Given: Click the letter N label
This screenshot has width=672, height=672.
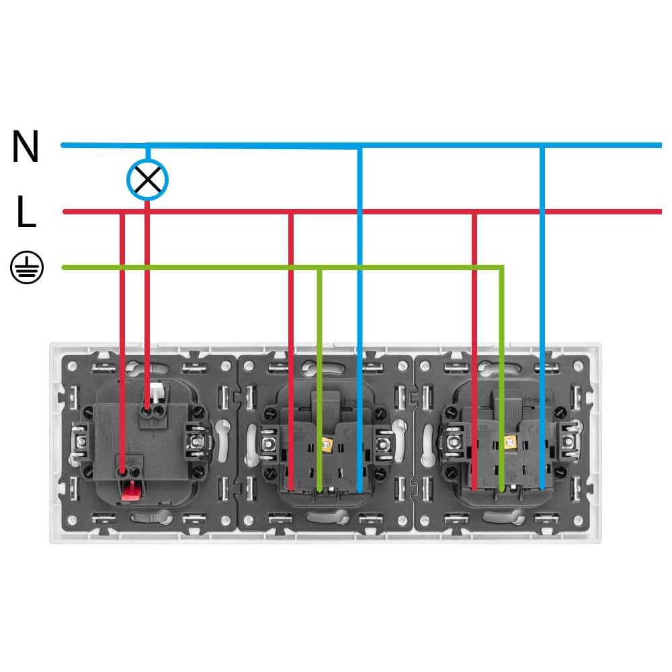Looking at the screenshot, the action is [x=26, y=146].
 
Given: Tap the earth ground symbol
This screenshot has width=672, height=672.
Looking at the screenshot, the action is [x=27, y=267].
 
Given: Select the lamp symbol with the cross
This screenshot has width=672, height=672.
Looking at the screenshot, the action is [x=147, y=179].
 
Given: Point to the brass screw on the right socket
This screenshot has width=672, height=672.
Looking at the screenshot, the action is [x=509, y=442].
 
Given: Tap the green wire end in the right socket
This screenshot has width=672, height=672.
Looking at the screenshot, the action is [x=502, y=489].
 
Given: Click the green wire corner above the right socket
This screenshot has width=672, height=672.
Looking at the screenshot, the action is [x=502, y=267].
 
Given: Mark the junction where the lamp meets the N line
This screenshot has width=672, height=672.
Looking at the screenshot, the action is [x=147, y=145].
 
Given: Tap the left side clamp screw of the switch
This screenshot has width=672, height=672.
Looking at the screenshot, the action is [x=80, y=441].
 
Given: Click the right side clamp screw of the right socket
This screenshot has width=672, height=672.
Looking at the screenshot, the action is [x=569, y=441].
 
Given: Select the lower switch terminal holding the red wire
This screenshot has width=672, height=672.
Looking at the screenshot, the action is [x=122, y=472].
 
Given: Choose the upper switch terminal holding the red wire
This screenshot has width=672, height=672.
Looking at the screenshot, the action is [x=147, y=411].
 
